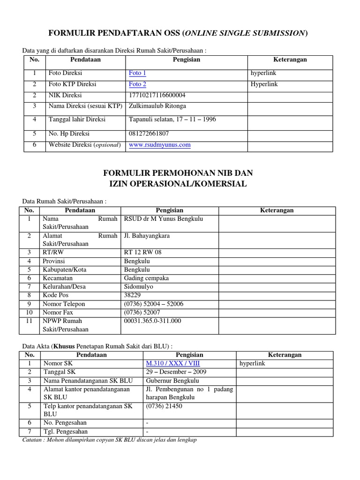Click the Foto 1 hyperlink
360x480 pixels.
point(137,73)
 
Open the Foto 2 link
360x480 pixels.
point(137,84)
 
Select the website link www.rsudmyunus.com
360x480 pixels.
point(159,145)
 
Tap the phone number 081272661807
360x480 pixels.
point(149,133)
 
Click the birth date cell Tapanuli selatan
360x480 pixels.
point(172,120)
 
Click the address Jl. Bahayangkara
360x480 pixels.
point(146,236)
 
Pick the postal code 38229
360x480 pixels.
point(133,295)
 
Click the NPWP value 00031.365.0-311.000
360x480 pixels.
point(152,321)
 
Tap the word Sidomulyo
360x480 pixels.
point(138,287)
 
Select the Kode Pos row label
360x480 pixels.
point(55,295)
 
